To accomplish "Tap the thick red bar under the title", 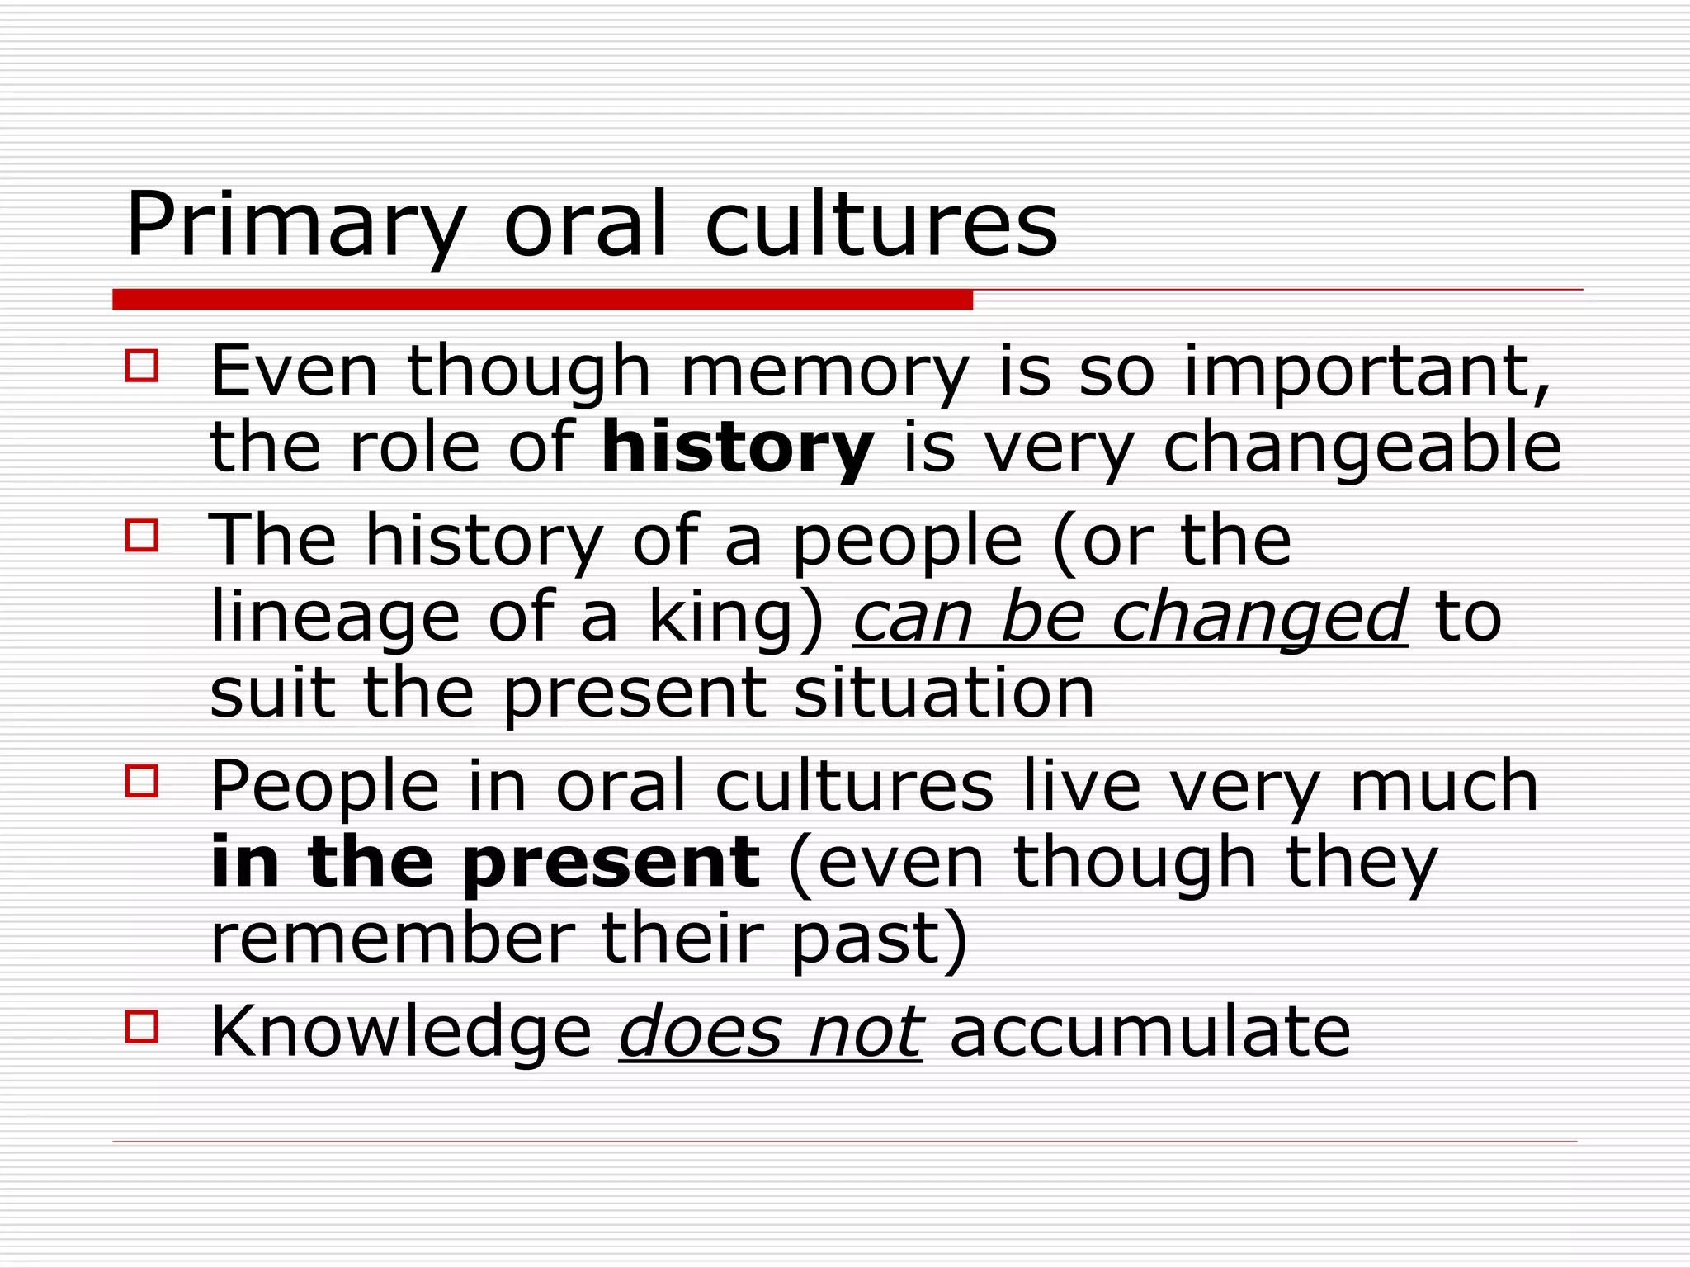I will tap(542, 300).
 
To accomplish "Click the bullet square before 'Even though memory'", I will tap(142, 365).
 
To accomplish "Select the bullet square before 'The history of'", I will tap(142, 535).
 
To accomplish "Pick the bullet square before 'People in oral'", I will tap(142, 781).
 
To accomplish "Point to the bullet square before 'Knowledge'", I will tap(142, 1027).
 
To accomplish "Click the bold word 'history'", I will tap(737, 449).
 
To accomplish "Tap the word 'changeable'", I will tap(1362, 449).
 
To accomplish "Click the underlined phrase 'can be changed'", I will tap(1130, 617).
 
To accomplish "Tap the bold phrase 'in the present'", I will tap(485, 863).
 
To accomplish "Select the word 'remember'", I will tap(393, 939).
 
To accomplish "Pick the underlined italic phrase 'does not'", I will tap(771, 1032).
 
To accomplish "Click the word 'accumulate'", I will tap(1150, 1032).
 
